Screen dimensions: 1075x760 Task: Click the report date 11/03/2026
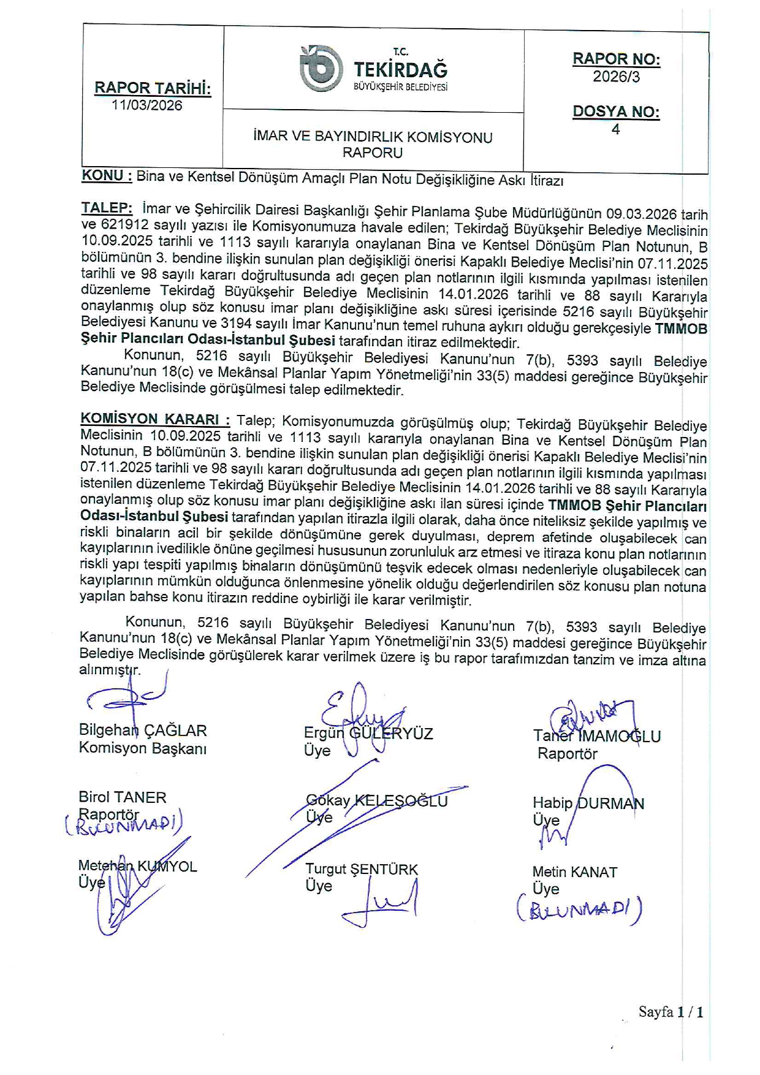coord(147,105)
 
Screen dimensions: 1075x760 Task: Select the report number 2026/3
coord(616,77)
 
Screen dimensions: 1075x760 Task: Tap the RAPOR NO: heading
coord(616,59)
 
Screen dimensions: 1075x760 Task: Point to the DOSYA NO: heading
coord(616,112)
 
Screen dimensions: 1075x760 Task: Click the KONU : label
coord(107,176)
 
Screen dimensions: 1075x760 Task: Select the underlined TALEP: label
coord(107,208)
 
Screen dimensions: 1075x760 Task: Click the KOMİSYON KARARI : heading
coord(155,419)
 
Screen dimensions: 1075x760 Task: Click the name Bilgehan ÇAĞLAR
coord(143,731)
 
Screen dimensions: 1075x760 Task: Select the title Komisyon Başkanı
coord(143,748)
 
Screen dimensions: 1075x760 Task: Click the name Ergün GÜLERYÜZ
coord(368,734)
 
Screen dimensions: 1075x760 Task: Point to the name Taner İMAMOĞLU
coord(597,737)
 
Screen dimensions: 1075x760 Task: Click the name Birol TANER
coord(123,797)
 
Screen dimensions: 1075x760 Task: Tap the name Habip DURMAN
coord(588,803)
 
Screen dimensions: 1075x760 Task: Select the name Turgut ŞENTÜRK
coord(362,869)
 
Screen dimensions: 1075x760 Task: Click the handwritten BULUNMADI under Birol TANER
coord(124,824)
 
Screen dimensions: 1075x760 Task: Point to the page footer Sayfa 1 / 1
coord(671,1012)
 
